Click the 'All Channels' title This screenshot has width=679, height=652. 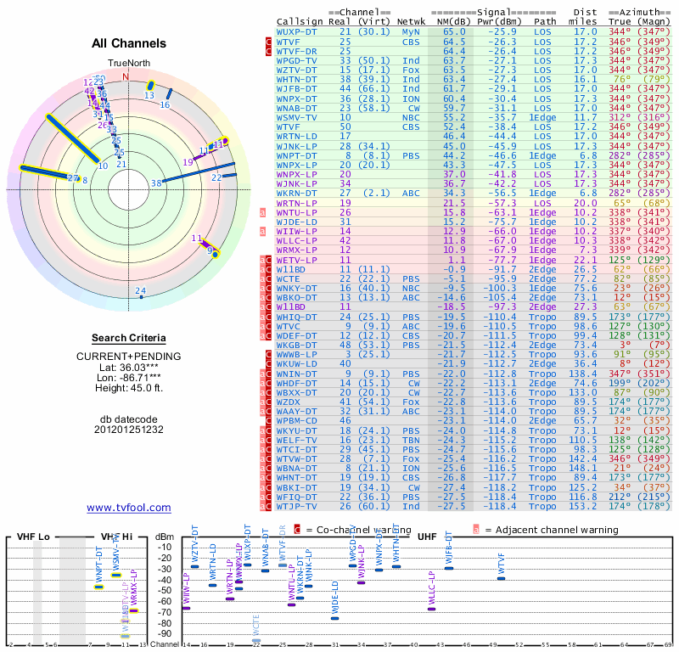click(129, 43)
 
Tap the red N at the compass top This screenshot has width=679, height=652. click(126, 76)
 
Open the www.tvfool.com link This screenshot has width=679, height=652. click(129, 508)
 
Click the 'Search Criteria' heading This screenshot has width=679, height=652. click(129, 338)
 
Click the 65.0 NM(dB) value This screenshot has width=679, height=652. click(454, 31)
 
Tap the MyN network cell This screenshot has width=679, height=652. click(410, 31)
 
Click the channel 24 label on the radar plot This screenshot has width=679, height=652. click(141, 291)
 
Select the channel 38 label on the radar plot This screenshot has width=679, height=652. click(156, 183)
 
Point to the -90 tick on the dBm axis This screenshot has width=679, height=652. click(165, 633)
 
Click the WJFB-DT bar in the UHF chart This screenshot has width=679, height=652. click(449, 568)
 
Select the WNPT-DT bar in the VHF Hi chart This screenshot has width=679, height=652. click(99, 587)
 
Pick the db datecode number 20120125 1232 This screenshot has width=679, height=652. click(129, 430)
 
